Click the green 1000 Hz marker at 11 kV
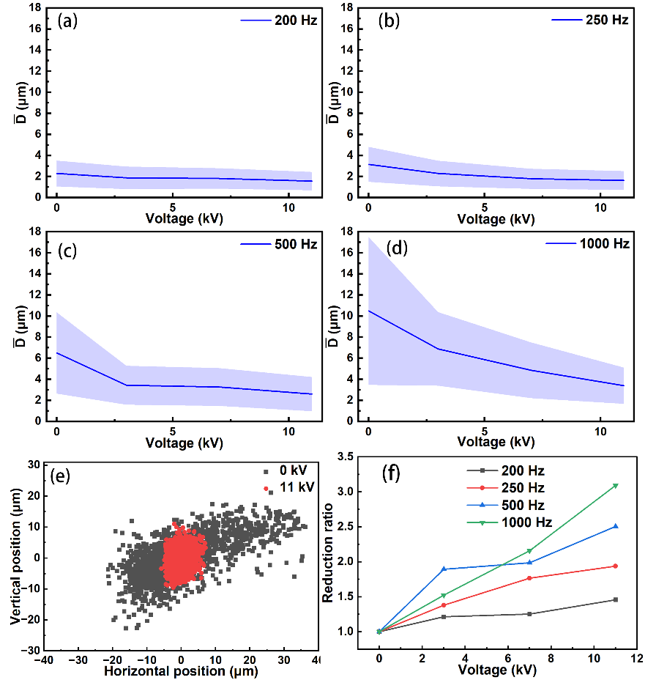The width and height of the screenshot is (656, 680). point(616,486)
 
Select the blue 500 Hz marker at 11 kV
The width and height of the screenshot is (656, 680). point(616,526)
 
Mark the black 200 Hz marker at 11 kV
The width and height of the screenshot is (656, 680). point(616,599)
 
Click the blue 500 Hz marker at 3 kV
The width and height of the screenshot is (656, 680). point(444,569)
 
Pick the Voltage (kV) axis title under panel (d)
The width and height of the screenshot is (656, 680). point(496,443)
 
